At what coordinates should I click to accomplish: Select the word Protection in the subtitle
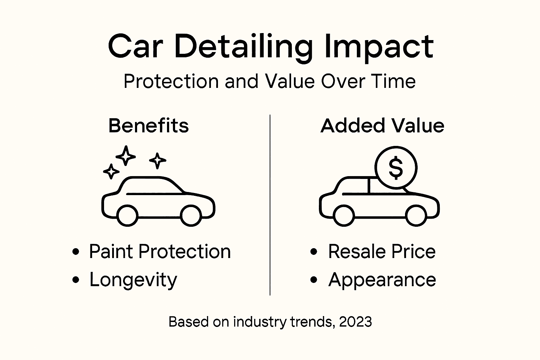[x=171, y=81]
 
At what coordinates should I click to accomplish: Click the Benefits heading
[x=148, y=126]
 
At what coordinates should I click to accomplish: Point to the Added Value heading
[x=382, y=126]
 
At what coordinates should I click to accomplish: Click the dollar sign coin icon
[x=396, y=168]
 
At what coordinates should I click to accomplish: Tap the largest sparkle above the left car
[x=126, y=155]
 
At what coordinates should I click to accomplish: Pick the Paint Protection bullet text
[x=160, y=251]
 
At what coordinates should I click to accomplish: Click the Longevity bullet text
[x=133, y=280]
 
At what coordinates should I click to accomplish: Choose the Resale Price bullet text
[x=382, y=251]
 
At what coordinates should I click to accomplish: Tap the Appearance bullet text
[x=382, y=280]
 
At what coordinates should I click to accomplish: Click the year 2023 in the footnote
[x=355, y=322]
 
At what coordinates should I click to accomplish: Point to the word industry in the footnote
[x=260, y=322]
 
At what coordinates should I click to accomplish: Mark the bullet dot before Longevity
[x=75, y=280]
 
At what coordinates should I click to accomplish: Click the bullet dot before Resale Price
[x=314, y=251]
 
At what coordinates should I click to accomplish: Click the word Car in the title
[x=135, y=47]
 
